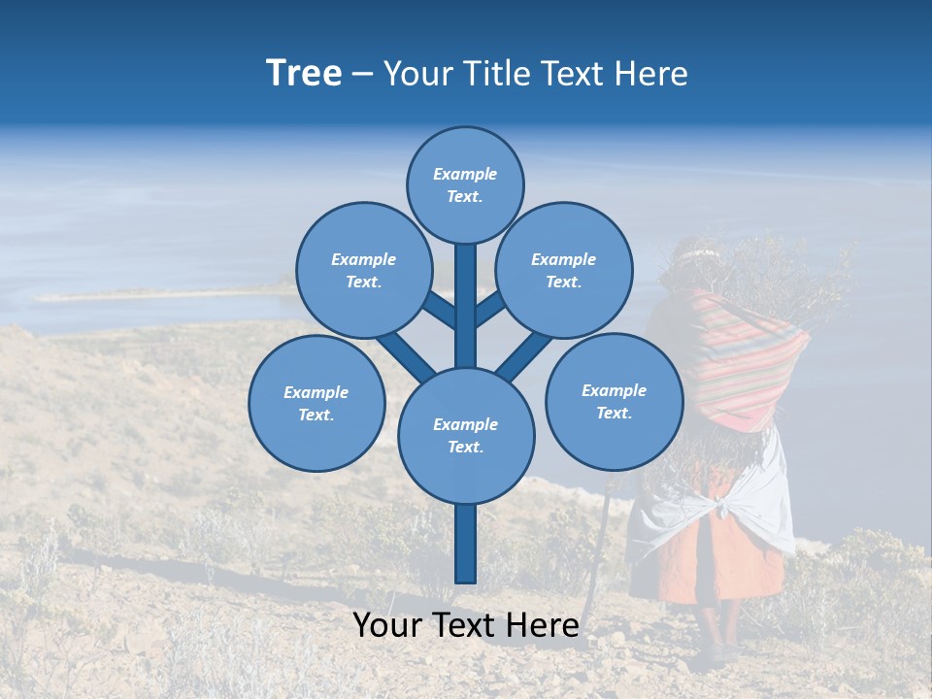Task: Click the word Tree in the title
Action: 304,74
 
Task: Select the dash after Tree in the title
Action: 362,75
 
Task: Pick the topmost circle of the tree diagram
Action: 465,184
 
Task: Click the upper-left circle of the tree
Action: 364,270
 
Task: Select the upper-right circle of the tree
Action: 564,270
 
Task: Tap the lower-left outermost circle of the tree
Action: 316,403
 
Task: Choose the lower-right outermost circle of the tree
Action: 614,401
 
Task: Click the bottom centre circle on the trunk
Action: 466,435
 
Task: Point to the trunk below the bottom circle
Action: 466,544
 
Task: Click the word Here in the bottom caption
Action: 545,625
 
